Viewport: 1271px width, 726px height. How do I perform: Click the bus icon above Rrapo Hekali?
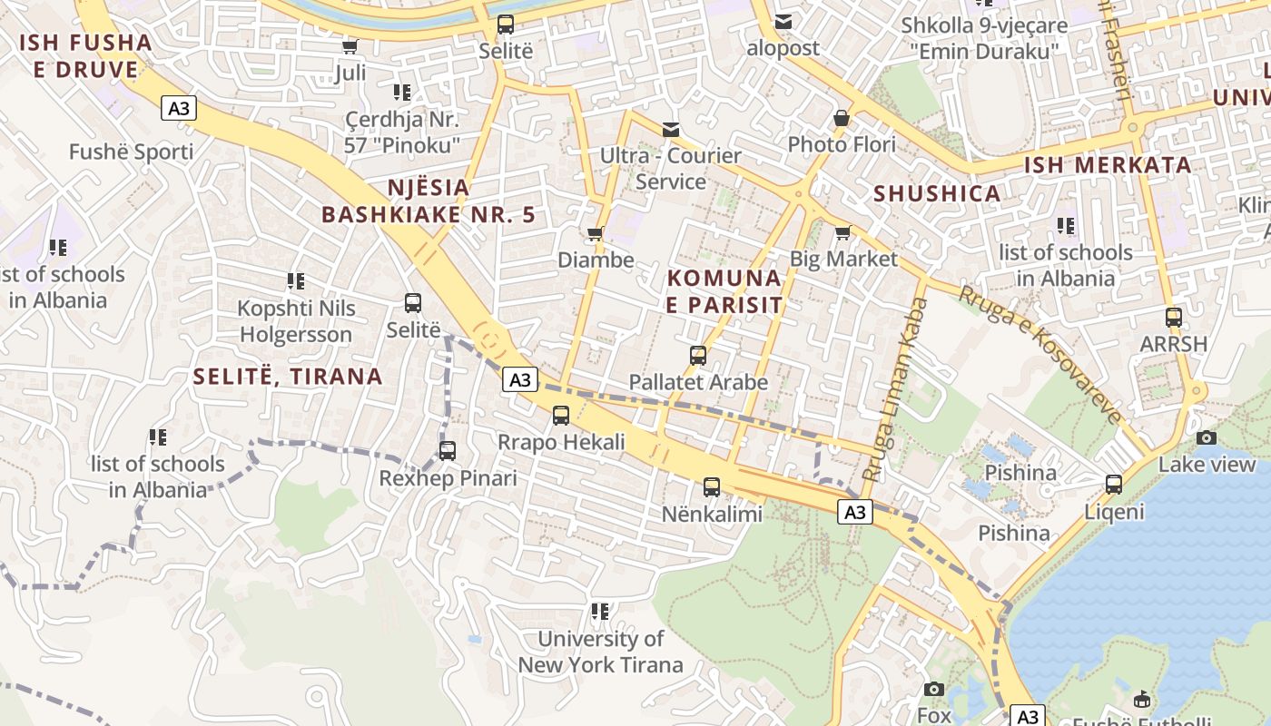pos(561,416)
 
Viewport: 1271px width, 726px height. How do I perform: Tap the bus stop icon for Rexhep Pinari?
pos(448,451)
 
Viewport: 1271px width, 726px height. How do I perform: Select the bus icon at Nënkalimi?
pos(712,487)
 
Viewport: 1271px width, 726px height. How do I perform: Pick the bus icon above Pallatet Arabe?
pos(698,356)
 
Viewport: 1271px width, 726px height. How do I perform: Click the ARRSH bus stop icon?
pos(1174,318)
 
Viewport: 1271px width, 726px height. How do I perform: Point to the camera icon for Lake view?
pos(1207,438)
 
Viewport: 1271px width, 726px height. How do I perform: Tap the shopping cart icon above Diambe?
pos(596,234)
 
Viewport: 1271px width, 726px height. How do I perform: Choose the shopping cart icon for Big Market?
pos(842,232)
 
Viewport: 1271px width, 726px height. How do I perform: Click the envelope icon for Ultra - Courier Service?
pos(671,130)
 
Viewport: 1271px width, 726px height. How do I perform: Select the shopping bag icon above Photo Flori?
pos(842,118)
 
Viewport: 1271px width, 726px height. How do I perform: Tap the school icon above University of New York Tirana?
pos(600,612)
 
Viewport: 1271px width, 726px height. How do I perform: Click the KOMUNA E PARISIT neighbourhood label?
pos(724,291)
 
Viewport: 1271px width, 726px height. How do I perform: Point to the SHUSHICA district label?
pos(937,193)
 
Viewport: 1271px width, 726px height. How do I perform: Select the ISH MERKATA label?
pos(1108,165)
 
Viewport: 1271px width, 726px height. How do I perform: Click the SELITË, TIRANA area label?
pos(288,376)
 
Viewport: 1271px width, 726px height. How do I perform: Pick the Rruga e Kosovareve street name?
pos(1040,355)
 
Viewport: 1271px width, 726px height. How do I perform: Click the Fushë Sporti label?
pos(132,152)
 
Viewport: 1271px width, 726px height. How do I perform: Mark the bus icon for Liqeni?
pos(1114,485)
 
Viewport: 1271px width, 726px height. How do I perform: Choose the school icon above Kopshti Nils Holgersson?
pos(296,281)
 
